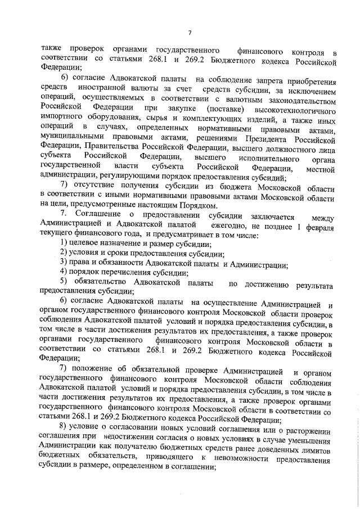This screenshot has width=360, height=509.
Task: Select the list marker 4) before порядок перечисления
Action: [65, 273]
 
